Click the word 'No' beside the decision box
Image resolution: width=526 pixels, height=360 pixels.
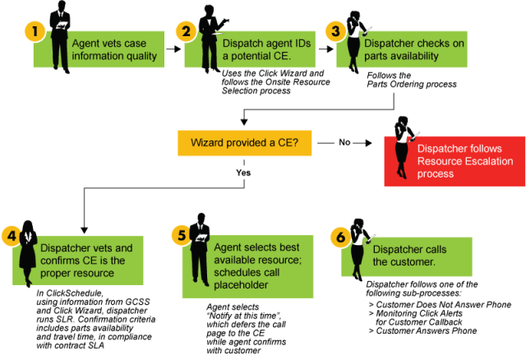(x=344, y=142)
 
